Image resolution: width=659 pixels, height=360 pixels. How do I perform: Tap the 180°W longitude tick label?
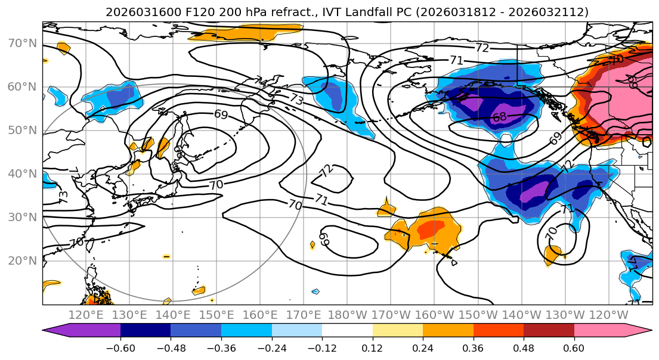347,315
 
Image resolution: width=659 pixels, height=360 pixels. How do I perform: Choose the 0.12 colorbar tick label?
373,347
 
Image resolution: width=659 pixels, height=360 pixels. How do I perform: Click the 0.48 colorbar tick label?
524,347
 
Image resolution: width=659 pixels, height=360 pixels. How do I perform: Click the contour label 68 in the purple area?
500,117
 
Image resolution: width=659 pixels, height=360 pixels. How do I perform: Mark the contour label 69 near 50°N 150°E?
221,114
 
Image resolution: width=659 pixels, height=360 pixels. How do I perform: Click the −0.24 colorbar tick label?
271,347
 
